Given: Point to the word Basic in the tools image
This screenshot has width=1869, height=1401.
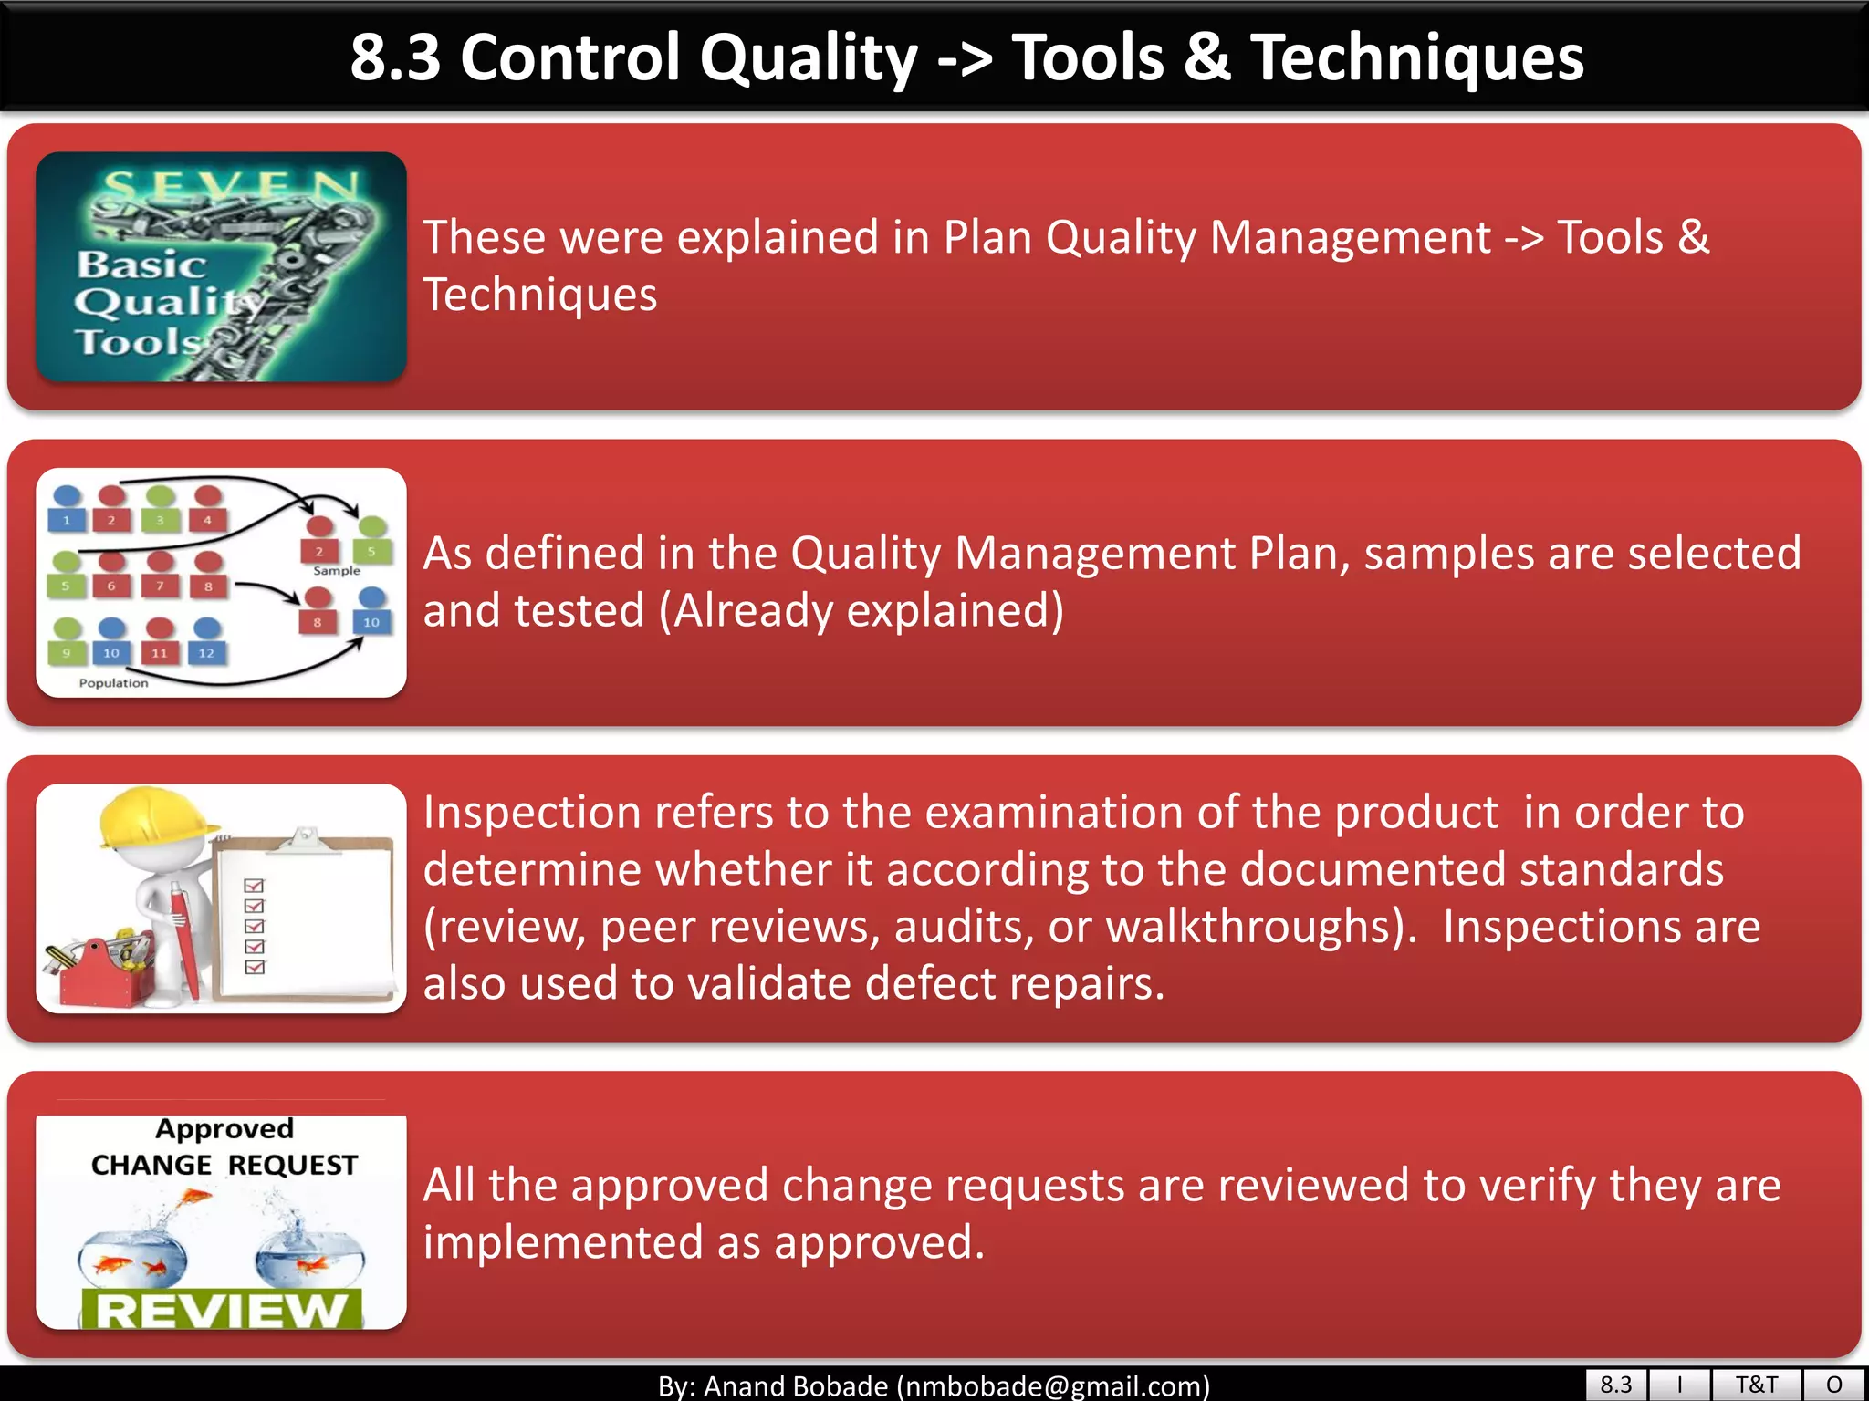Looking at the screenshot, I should point(141,265).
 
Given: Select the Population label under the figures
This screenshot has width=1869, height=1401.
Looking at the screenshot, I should point(113,683).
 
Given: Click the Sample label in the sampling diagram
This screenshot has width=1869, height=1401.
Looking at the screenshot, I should point(336,571).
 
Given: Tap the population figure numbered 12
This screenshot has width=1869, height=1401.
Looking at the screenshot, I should point(207,642).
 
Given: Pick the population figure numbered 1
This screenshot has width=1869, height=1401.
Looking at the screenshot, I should point(67,509).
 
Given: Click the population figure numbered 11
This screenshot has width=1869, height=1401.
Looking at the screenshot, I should point(160,642).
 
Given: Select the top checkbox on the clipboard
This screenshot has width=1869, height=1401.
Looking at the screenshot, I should point(255,886).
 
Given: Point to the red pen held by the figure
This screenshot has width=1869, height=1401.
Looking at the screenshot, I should point(184,939).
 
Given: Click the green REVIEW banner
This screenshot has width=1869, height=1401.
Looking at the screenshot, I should point(222,1310).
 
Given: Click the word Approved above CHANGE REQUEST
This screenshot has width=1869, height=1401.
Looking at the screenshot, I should point(224,1129).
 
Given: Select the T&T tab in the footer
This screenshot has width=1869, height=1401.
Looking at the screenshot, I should point(1756,1385).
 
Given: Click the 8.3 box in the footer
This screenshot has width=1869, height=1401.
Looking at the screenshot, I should point(1615,1385).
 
